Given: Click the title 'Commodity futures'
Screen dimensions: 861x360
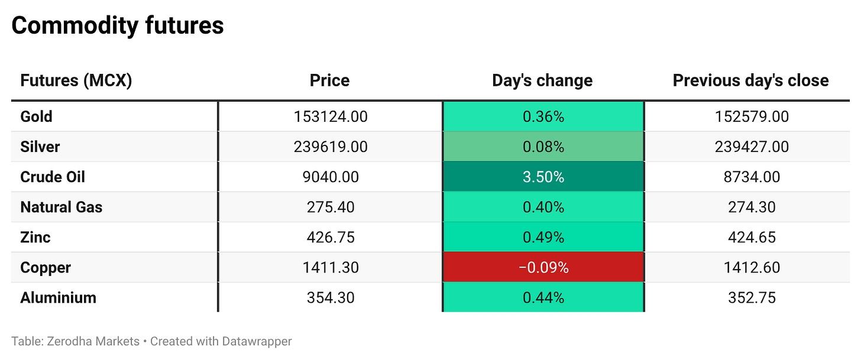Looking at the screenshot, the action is click(x=118, y=26).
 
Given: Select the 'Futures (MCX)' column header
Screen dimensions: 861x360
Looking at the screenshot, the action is click(x=76, y=80).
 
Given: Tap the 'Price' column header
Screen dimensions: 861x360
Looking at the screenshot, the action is click(x=330, y=80).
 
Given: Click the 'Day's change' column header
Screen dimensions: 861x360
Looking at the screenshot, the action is click(x=542, y=80).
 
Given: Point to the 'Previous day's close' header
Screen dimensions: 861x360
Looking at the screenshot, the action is click(x=750, y=80).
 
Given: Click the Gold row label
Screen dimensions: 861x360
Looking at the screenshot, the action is click(x=36, y=116).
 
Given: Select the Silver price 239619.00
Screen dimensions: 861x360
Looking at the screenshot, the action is click(x=331, y=147).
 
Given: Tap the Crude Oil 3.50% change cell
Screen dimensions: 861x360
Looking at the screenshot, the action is click(x=543, y=177).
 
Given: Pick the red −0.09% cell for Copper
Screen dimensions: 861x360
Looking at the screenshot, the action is click(x=543, y=267).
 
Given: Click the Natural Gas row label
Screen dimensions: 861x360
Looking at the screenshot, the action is click(x=61, y=207).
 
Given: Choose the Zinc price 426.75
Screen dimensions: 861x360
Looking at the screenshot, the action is click(x=331, y=238).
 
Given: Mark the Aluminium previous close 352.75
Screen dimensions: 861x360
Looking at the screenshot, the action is click(x=752, y=298).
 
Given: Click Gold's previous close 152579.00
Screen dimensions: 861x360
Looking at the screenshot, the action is click(x=752, y=116).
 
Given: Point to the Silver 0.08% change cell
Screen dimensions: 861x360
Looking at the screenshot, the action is click(x=543, y=147).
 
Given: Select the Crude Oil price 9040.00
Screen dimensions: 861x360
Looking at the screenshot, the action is click(x=331, y=177).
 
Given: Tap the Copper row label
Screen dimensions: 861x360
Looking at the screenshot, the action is click(x=46, y=268).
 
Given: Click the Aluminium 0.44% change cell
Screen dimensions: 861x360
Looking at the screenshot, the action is click(x=543, y=297).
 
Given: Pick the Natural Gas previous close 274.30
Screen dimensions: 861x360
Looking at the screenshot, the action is click(x=752, y=207).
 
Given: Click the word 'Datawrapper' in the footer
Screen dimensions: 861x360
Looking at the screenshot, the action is click(x=257, y=341).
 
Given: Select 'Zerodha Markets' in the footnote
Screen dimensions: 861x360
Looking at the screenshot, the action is click(x=93, y=341).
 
